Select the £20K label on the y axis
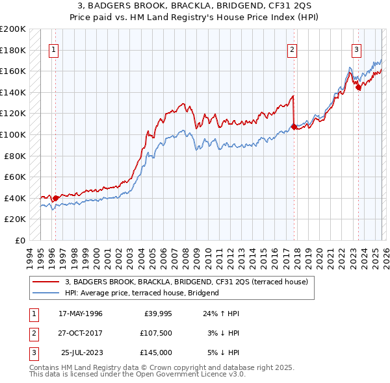[x=16, y=219]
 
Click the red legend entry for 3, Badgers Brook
[x=190, y=282]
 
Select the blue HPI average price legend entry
[x=142, y=293]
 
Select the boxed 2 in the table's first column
[x=32, y=333]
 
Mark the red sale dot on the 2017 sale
[x=294, y=127]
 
